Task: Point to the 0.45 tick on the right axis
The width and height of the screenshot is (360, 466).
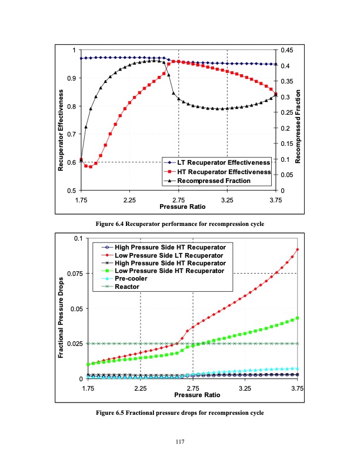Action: (x=286, y=50)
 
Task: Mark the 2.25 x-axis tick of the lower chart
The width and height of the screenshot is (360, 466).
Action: (x=140, y=389)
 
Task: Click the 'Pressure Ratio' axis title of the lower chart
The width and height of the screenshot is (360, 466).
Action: (x=192, y=395)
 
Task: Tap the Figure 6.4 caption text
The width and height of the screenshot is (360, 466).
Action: (x=179, y=224)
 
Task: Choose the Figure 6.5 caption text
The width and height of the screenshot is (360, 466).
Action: (x=179, y=412)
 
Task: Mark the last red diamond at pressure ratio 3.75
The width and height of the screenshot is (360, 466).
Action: (x=298, y=249)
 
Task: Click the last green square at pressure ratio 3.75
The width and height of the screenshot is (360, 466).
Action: (x=298, y=318)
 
